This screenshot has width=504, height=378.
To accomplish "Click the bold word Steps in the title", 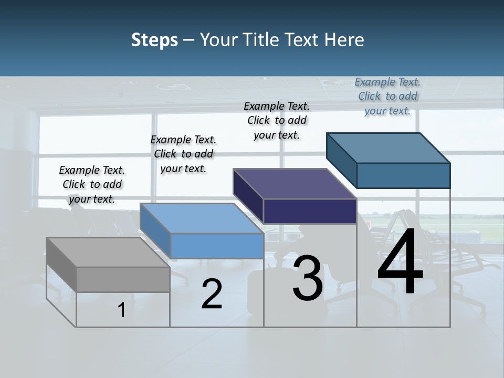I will click(154, 40).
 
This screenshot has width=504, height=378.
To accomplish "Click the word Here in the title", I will click(344, 40).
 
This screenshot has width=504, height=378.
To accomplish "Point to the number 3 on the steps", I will click(308, 278).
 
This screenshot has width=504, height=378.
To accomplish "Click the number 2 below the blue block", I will click(212, 294).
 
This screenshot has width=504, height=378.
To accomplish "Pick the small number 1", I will click(121, 310).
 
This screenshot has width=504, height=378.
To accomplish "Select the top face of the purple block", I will click(295, 184).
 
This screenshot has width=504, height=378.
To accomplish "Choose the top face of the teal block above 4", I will click(388, 148).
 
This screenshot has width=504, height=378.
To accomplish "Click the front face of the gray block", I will click(123, 279).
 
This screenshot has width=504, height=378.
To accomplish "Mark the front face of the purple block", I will click(310, 211).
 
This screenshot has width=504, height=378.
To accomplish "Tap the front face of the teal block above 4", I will click(403, 175).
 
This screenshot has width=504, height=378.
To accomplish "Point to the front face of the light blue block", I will click(217, 246).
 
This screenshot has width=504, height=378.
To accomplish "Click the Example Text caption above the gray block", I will click(92, 184).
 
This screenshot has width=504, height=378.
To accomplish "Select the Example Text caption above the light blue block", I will click(183, 154).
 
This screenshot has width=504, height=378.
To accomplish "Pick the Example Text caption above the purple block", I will click(277, 120).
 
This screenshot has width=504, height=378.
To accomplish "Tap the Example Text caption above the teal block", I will click(387, 96).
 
